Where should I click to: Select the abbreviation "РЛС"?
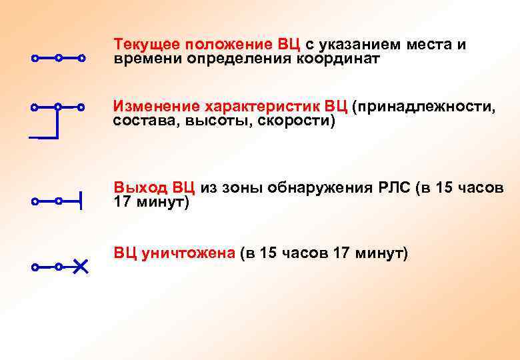(x=393, y=187)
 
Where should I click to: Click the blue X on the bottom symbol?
(x=80, y=267)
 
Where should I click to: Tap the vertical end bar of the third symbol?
(x=81, y=200)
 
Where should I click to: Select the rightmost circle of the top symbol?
(x=81, y=59)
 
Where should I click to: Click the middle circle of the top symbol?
(x=59, y=59)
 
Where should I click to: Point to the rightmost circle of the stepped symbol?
(x=81, y=107)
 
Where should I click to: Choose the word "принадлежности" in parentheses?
(x=424, y=107)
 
